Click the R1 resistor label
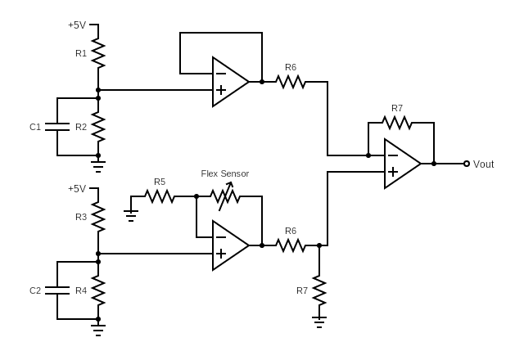pyautogui.click(x=81, y=53)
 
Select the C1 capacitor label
pyautogui.click(x=35, y=127)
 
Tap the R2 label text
pyautogui.click(x=81, y=127)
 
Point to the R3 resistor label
pyautogui.click(x=81, y=217)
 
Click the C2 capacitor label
pyautogui.click(x=35, y=290)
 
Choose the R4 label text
pyautogui.click(x=81, y=290)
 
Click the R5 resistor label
pyautogui.click(x=160, y=182)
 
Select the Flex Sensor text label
pyautogui.click(x=225, y=173)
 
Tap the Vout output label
pyautogui.click(x=484, y=164)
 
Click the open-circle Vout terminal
pyautogui.click(x=467, y=164)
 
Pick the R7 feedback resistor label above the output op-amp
pyautogui.click(x=397, y=108)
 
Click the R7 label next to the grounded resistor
pyautogui.click(x=302, y=290)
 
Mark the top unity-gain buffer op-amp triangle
pyautogui.click(x=229, y=82)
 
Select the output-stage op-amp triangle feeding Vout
pyautogui.click(x=401, y=164)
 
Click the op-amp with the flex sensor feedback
pyautogui.click(x=229, y=245)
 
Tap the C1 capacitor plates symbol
pyautogui.click(x=57, y=127)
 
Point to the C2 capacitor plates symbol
pyautogui.click(x=57, y=290)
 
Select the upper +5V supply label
pyautogui.click(x=77, y=25)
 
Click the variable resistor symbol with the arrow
pyautogui.click(x=225, y=196)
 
